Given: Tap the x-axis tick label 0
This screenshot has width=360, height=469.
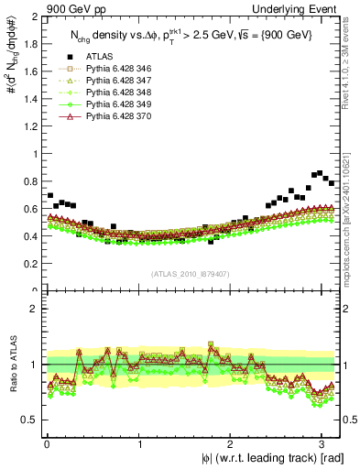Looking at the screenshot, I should point(47,443).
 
